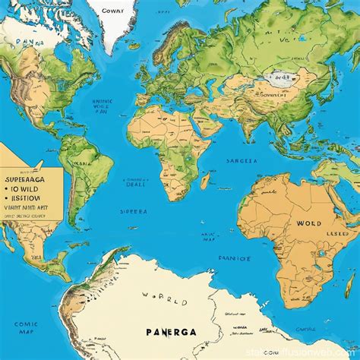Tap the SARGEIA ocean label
[x=242, y=161]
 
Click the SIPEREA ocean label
[x=134, y=212]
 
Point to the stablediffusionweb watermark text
[x=314, y=352]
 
